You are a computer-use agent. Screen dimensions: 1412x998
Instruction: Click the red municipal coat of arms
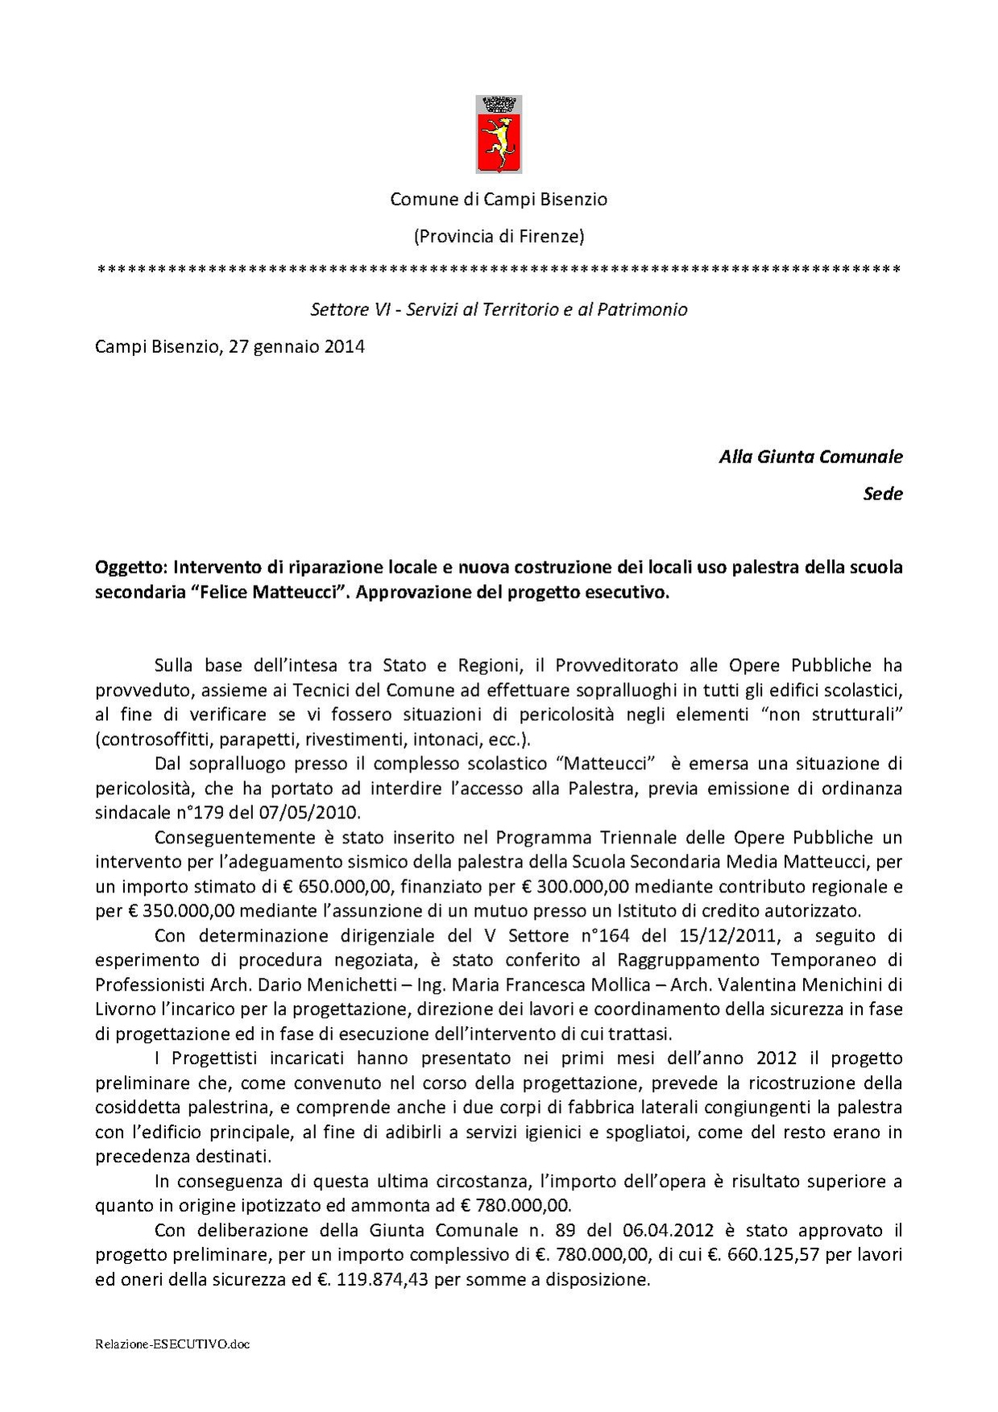click(x=499, y=135)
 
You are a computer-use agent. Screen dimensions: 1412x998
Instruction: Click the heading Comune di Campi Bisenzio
click(x=499, y=199)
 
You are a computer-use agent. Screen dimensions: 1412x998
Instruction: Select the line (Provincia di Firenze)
click(x=499, y=237)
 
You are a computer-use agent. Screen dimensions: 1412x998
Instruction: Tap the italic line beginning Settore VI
click(x=499, y=309)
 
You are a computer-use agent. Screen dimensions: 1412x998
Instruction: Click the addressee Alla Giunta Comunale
click(x=810, y=457)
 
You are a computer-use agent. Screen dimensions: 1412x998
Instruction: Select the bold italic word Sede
click(x=883, y=494)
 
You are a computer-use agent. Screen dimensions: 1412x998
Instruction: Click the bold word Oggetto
click(x=128, y=567)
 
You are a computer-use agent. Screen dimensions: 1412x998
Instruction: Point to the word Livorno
click(x=122, y=1009)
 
